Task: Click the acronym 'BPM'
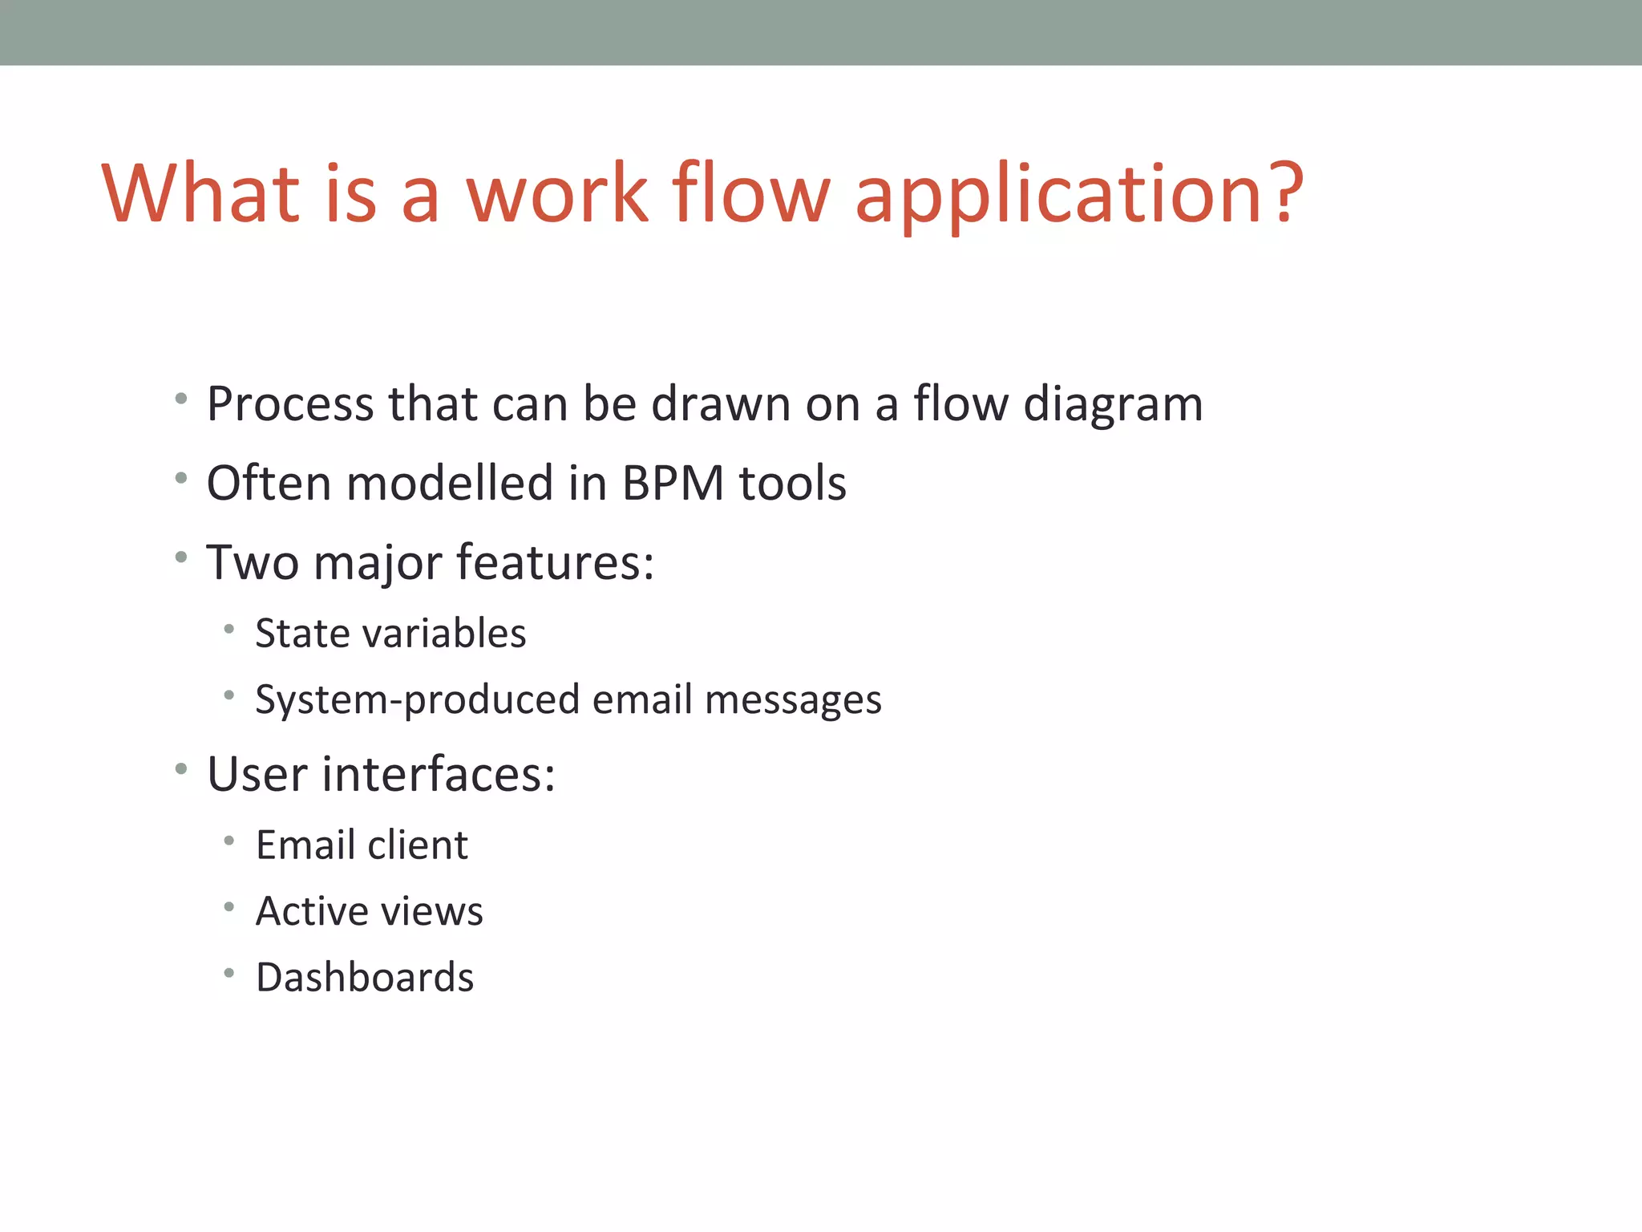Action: (x=673, y=484)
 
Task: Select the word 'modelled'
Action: (x=450, y=484)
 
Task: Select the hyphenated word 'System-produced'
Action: (x=417, y=700)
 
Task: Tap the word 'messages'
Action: (x=793, y=700)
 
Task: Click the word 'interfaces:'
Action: (x=439, y=775)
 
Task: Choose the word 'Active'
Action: (x=312, y=912)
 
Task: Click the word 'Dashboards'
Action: (x=365, y=978)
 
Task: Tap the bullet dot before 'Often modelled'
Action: (x=181, y=479)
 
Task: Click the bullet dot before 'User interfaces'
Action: (x=181, y=769)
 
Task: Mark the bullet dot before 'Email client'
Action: (x=229, y=841)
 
